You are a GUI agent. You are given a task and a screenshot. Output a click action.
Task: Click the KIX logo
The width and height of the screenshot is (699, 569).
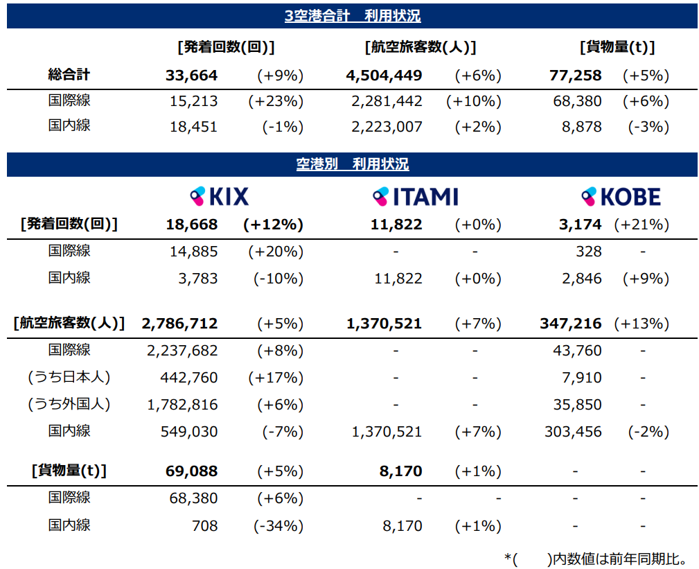219,197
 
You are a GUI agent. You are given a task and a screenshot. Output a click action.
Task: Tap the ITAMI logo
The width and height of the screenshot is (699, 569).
415,197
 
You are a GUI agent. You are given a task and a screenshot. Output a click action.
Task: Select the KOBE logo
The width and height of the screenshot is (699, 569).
620,197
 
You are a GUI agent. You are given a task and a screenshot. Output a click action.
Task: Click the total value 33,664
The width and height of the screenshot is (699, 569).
191,76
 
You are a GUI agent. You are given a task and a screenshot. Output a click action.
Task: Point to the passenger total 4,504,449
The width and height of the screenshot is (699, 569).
383,76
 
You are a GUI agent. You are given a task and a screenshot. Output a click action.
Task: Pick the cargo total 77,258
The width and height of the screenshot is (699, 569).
575,76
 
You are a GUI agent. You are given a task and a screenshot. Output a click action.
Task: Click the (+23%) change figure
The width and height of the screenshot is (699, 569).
276,101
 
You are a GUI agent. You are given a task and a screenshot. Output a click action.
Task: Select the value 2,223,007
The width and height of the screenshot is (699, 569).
387,127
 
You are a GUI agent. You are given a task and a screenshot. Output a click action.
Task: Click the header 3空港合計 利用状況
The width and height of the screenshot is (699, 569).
352,16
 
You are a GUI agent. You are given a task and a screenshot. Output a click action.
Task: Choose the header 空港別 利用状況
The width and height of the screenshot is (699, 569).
352,165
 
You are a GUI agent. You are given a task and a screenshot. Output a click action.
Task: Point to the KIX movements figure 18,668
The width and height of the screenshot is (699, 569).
191,225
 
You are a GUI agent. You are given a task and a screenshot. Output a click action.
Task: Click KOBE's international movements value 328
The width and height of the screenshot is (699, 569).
588,252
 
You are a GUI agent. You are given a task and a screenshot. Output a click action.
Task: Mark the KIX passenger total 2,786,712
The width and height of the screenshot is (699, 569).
179,324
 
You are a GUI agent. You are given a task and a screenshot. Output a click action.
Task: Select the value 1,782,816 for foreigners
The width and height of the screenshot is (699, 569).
182,405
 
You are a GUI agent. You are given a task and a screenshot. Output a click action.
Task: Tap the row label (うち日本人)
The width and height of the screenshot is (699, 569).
69,378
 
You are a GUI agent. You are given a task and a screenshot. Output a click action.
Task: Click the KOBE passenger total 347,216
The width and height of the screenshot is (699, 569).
570,324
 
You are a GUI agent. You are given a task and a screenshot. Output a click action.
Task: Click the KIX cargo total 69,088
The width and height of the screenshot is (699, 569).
191,471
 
